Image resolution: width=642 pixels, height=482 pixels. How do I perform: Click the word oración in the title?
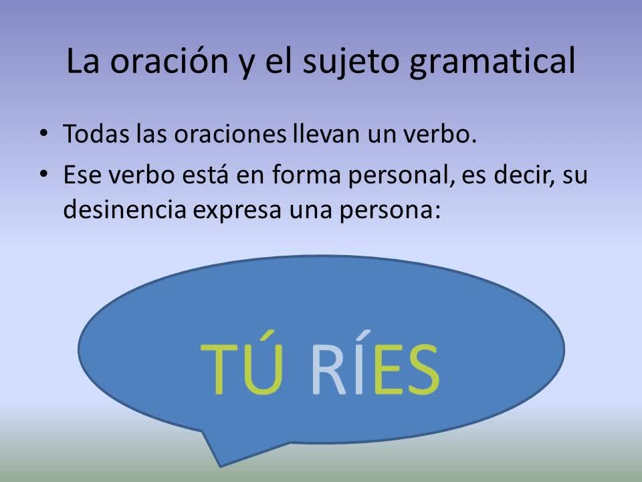click(169, 61)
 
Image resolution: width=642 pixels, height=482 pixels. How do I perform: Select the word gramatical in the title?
click(492, 62)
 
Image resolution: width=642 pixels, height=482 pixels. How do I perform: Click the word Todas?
click(96, 134)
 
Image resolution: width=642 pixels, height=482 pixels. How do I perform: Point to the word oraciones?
click(230, 134)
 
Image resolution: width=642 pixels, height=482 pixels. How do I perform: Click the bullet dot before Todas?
click(43, 134)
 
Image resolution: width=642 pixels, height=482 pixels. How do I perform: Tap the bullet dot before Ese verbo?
click(43, 174)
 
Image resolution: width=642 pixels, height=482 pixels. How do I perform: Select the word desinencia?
click(125, 209)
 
